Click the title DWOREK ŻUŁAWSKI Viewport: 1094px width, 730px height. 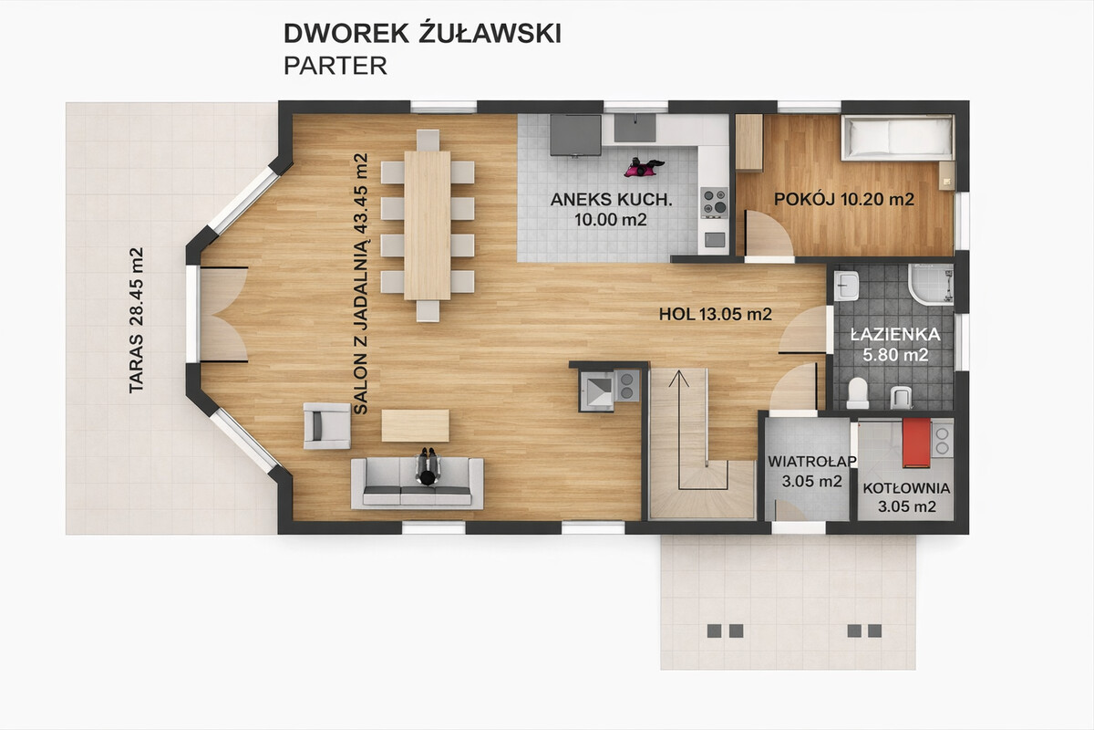coord(422,33)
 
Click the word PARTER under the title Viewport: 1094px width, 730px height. coord(335,66)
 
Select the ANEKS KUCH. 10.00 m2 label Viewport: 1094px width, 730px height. coord(611,209)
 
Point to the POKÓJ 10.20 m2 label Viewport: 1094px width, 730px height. coord(844,199)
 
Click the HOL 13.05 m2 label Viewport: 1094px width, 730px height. coord(716,314)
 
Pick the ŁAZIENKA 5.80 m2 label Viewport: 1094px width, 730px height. coord(895,344)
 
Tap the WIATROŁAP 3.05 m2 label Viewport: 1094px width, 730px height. coord(812,472)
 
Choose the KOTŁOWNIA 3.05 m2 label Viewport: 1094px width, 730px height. coord(906,496)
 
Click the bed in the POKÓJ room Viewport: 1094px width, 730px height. coord(898,138)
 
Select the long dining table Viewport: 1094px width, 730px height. coord(428,225)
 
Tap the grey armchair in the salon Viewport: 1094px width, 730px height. coord(326,426)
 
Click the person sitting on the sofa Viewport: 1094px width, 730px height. coord(428,466)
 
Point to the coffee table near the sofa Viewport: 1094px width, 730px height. coord(415,425)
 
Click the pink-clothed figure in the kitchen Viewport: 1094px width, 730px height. coord(644,167)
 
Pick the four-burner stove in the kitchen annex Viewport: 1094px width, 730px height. coord(715,203)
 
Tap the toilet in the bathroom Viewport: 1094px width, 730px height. coord(858,393)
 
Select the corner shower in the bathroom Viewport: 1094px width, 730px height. coord(931,285)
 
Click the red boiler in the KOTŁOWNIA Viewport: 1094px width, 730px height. coord(916,443)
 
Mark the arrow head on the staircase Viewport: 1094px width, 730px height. coord(678,379)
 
